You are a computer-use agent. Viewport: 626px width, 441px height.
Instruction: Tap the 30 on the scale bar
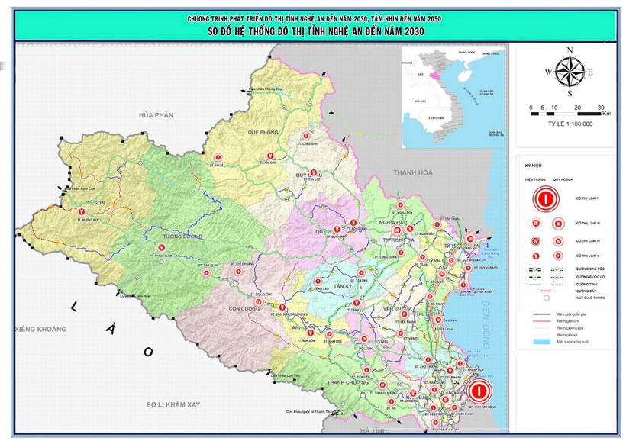pos(601,108)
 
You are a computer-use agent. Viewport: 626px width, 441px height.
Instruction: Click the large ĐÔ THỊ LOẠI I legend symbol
pos(544,198)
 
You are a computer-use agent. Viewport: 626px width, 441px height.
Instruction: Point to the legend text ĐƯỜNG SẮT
pos(585,291)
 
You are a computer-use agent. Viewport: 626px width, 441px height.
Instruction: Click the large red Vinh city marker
pos(479,392)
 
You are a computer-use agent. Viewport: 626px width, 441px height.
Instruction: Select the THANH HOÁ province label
pos(412,173)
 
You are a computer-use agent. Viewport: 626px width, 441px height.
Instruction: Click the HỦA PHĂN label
pos(156,114)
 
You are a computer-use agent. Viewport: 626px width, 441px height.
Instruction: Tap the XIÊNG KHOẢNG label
pos(40,329)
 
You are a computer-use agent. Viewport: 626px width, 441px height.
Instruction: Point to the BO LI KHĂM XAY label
pos(173,404)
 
